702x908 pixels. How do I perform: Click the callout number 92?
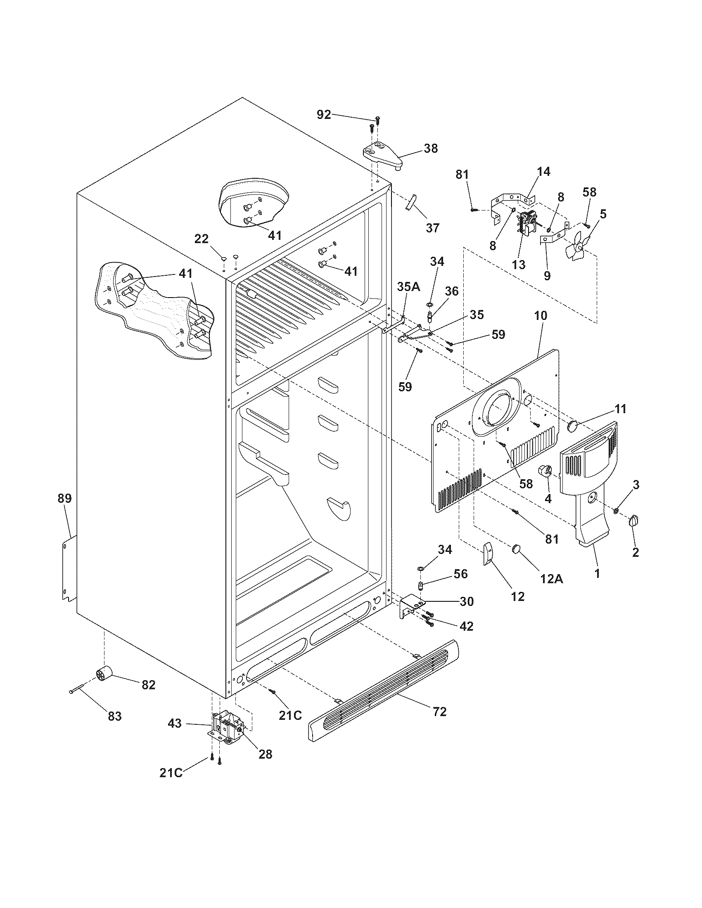coord(324,114)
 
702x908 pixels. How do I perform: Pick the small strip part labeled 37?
coord(411,203)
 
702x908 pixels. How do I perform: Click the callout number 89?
coord(64,498)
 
